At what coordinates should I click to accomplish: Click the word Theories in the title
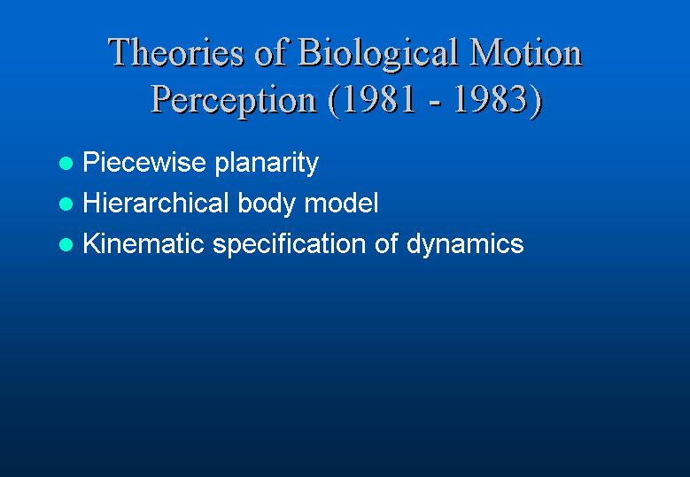[176, 52]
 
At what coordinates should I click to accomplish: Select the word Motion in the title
[526, 52]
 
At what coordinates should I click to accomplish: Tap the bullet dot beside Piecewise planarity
[66, 164]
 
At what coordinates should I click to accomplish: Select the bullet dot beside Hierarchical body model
[66, 204]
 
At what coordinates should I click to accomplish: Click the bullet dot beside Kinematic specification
[66, 244]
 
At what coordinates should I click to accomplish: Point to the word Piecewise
[144, 162]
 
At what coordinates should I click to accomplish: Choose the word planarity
[267, 164]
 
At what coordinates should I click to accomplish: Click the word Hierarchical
[156, 203]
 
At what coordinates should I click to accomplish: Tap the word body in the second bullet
[266, 204]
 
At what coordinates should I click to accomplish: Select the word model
[342, 203]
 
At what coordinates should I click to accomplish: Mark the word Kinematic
[143, 243]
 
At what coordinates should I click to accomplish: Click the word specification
[289, 245]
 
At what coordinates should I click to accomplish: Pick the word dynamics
[465, 245]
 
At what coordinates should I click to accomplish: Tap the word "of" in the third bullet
[386, 243]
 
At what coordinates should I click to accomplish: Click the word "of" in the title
[271, 52]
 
